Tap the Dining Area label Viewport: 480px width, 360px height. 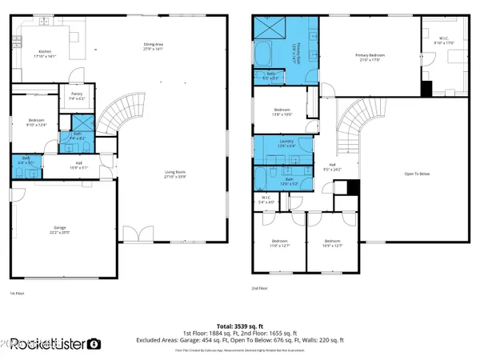(x=153, y=46)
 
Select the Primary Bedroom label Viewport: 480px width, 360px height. (x=370, y=57)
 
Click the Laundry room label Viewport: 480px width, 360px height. (x=277, y=144)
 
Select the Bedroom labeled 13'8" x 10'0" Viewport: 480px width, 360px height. (x=282, y=111)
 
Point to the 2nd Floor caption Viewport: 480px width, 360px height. (x=260, y=287)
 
